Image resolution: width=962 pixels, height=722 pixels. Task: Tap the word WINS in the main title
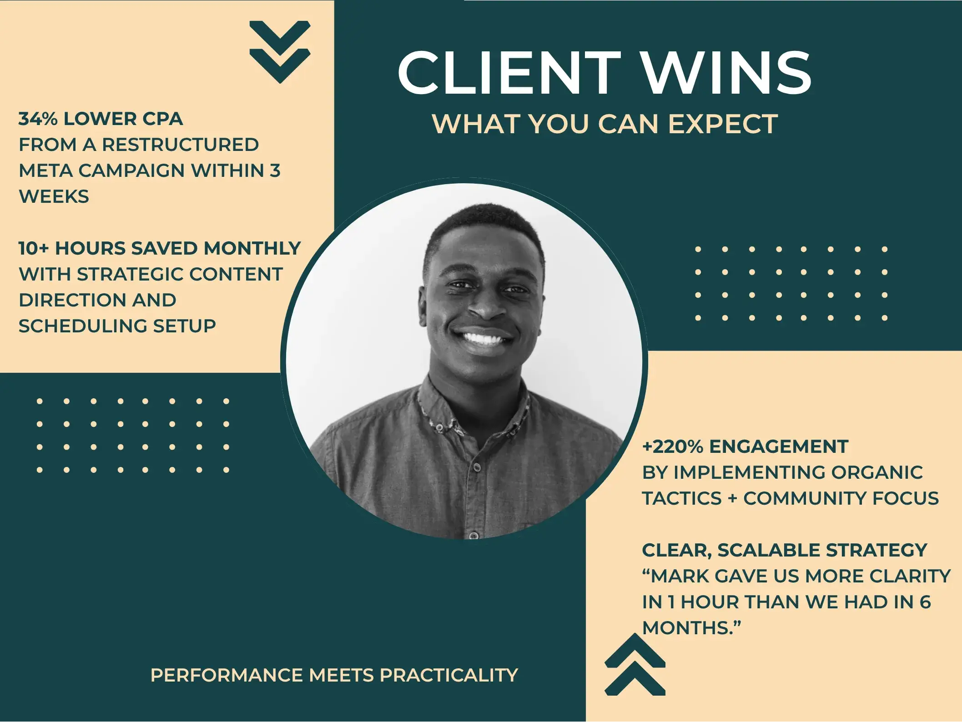click(x=726, y=72)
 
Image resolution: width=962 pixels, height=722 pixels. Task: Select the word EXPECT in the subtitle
click(x=723, y=124)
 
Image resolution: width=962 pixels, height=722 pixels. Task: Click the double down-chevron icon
click(x=280, y=52)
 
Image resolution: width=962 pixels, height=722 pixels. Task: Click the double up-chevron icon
click(x=635, y=664)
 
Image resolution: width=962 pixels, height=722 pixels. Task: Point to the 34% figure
click(x=38, y=119)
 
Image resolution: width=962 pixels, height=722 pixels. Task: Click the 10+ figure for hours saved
click(x=33, y=248)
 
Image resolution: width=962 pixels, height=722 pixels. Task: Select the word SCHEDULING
click(x=82, y=326)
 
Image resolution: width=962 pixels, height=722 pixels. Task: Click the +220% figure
click(x=673, y=446)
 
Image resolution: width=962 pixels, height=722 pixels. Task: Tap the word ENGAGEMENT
click(x=779, y=446)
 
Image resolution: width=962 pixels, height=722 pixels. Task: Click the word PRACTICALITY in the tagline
click(x=448, y=675)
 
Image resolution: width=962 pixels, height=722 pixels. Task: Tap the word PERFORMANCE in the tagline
click(x=227, y=675)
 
